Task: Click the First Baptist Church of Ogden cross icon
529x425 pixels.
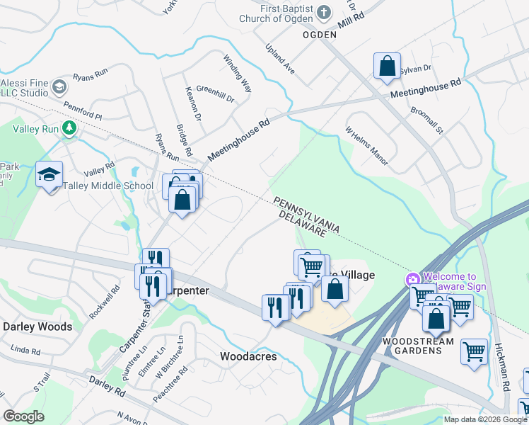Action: (323, 12)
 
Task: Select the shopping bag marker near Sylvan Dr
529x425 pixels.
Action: (387, 67)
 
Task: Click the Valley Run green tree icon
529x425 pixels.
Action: (69, 127)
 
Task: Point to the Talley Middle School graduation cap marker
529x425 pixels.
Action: (50, 175)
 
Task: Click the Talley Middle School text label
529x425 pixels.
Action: (108, 186)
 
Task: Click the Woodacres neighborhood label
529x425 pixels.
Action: (248, 356)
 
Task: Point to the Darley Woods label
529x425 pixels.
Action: (37, 327)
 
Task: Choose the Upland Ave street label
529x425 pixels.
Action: (280, 62)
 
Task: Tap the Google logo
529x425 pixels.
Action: (23, 416)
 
